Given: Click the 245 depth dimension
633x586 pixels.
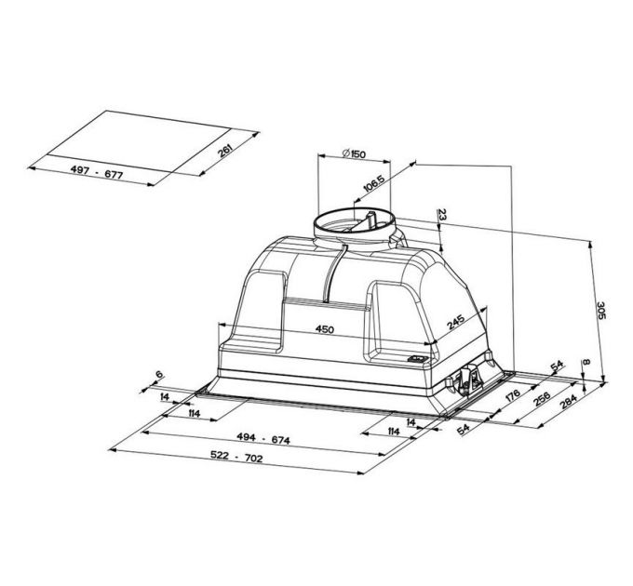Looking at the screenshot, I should point(454,323).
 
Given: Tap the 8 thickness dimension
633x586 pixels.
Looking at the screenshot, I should point(586,363).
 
